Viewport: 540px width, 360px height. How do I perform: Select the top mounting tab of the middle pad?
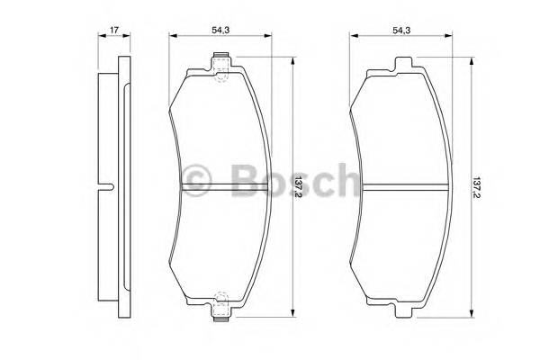(x=222, y=62)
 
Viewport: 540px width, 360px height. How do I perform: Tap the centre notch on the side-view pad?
(x=109, y=188)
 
